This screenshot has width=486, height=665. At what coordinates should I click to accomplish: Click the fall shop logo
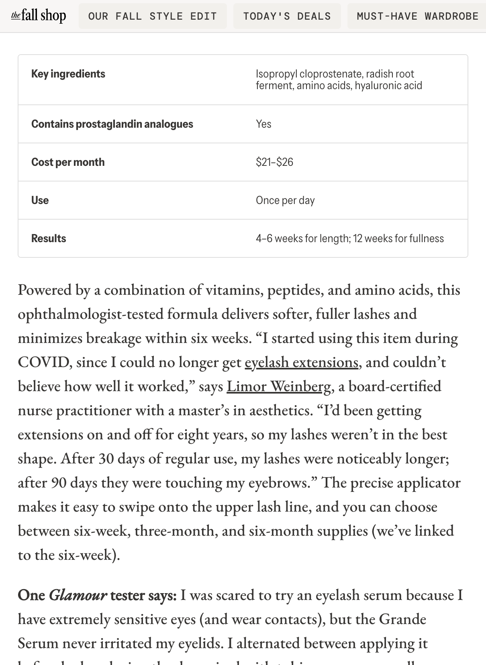(39, 16)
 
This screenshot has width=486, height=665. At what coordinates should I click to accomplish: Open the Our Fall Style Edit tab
(153, 16)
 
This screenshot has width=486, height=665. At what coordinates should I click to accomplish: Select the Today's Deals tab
(287, 16)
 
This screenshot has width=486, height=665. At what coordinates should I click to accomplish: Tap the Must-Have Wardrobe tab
(417, 16)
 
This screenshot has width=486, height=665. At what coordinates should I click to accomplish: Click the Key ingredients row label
(68, 74)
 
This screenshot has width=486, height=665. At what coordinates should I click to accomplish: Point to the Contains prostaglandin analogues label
(112, 124)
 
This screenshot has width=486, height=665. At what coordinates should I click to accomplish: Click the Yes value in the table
(263, 124)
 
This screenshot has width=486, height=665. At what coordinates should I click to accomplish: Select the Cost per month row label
(68, 162)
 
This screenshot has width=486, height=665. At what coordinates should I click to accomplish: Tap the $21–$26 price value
(274, 162)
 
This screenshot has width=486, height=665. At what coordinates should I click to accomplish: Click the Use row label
(40, 200)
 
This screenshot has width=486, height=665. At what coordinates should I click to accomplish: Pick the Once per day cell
(285, 200)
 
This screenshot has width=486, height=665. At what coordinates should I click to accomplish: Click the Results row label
(49, 239)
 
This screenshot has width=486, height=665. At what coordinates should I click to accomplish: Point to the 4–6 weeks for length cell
(350, 239)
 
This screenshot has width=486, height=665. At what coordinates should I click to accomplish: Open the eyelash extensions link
(301, 362)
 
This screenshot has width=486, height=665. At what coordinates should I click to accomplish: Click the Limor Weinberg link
(279, 386)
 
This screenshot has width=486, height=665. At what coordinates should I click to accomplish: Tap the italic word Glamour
(78, 595)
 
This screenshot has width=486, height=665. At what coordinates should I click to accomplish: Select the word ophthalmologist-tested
(90, 314)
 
